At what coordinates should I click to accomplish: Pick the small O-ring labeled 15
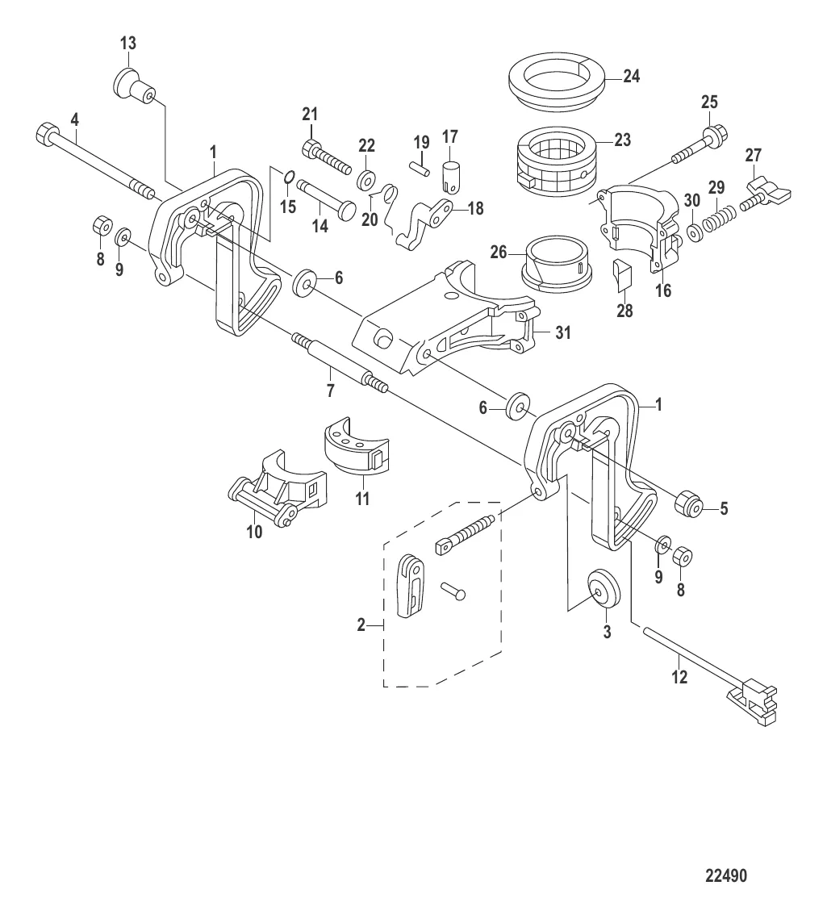coord(287,177)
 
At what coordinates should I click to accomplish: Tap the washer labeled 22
coord(366,179)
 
